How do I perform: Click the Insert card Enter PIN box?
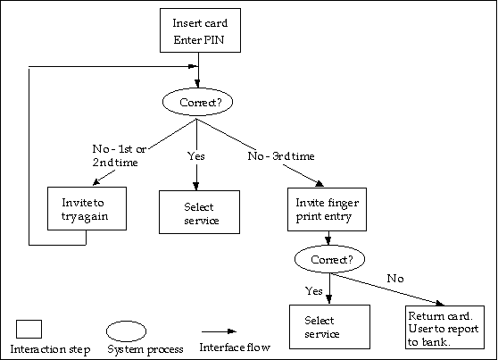pos(200,30)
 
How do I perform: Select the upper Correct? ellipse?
pos(197,102)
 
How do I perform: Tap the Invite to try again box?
pos(87,209)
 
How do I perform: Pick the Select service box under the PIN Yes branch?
pos(199,212)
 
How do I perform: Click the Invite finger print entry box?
pos(327,209)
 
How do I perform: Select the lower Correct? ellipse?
pos(329,259)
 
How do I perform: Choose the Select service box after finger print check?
pos(329,327)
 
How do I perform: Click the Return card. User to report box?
pos(444,327)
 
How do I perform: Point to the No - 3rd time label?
pos(281,156)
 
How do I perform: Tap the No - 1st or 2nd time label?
pos(119,155)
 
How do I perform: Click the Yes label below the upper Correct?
pos(196,156)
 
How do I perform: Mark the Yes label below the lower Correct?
pos(314,291)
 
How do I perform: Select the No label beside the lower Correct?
pos(395,279)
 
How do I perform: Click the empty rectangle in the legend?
pos(29,329)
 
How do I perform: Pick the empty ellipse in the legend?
pos(126,331)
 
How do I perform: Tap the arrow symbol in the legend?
pos(220,331)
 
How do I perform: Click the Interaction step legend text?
pos(50,349)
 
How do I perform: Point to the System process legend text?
pos(145,349)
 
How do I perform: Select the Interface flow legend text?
pos(235,347)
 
